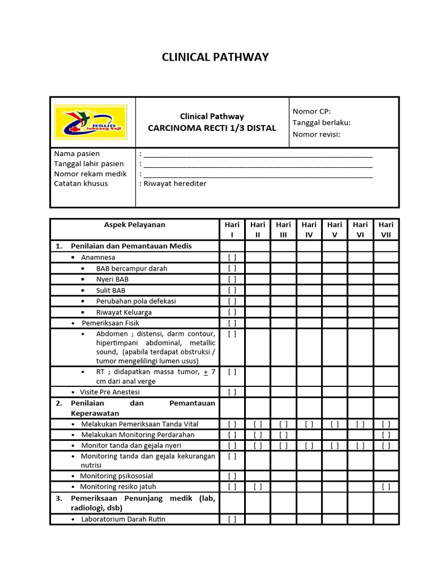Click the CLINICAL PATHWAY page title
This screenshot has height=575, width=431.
(x=215, y=57)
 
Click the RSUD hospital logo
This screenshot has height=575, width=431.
(x=90, y=122)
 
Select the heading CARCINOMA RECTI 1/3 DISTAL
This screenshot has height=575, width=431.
(x=212, y=128)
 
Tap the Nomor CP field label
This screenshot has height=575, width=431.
(x=311, y=111)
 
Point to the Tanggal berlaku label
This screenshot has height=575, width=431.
(x=322, y=122)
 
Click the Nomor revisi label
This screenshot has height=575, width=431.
(x=317, y=134)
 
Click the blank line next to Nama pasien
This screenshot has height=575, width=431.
(x=258, y=154)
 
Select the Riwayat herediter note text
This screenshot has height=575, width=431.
(x=175, y=184)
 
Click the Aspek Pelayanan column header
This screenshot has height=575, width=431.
(x=135, y=225)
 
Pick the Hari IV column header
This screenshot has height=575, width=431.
(x=309, y=230)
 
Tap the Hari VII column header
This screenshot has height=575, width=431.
(x=386, y=230)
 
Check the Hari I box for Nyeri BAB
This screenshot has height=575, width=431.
(x=232, y=279)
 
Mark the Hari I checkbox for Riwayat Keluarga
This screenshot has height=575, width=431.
(x=232, y=312)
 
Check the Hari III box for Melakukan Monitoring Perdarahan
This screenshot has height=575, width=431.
(x=283, y=435)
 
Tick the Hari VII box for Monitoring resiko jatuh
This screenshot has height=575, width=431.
(x=386, y=487)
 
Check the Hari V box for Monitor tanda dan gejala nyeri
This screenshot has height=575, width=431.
(x=334, y=445)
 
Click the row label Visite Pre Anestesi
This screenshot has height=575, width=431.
(x=109, y=392)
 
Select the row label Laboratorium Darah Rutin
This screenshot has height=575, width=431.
(x=123, y=519)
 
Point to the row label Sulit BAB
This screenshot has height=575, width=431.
(x=111, y=290)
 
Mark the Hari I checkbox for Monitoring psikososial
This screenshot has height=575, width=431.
(x=232, y=476)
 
